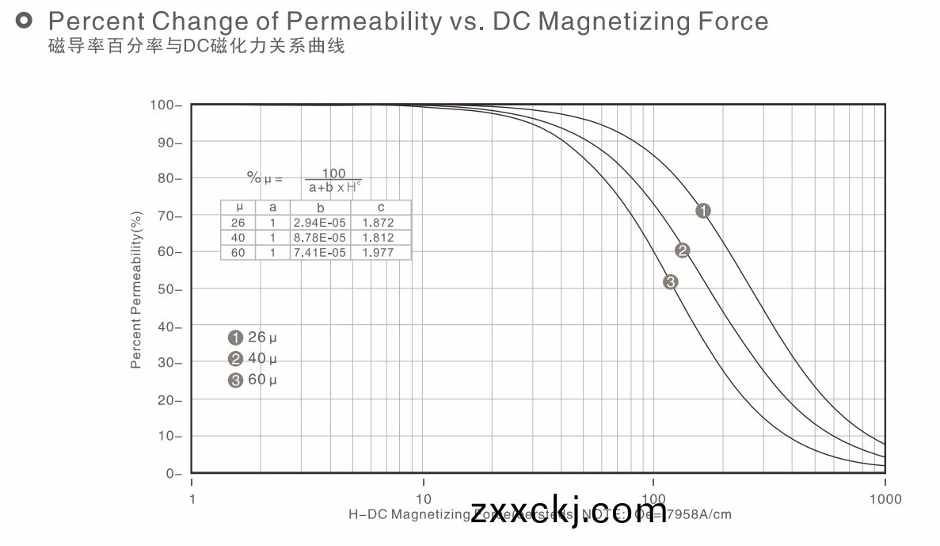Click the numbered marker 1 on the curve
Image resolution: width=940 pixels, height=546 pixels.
point(703,211)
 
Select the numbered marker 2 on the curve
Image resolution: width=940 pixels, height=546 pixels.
point(683,251)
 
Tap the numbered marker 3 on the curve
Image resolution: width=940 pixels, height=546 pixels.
point(671,281)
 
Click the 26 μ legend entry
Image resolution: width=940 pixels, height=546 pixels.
point(253,338)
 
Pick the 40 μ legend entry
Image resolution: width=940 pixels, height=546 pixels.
point(253,359)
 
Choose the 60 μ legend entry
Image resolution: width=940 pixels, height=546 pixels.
point(253,380)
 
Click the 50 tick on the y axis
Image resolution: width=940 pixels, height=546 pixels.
point(169,289)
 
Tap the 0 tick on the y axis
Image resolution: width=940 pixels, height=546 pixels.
point(172,474)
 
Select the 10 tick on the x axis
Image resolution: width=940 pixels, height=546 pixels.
point(424,499)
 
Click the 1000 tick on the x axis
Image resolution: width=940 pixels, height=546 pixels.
point(885,499)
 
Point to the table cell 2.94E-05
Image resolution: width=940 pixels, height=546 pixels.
point(319,223)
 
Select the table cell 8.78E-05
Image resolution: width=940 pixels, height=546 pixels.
point(319,238)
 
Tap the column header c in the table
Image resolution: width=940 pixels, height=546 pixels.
point(381,208)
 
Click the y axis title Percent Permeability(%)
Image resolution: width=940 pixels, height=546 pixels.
point(136,289)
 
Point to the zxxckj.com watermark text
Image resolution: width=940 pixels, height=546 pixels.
point(559,511)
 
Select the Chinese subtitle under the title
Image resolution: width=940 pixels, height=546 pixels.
point(196,46)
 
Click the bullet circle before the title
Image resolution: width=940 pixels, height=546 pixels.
point(25,20)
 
